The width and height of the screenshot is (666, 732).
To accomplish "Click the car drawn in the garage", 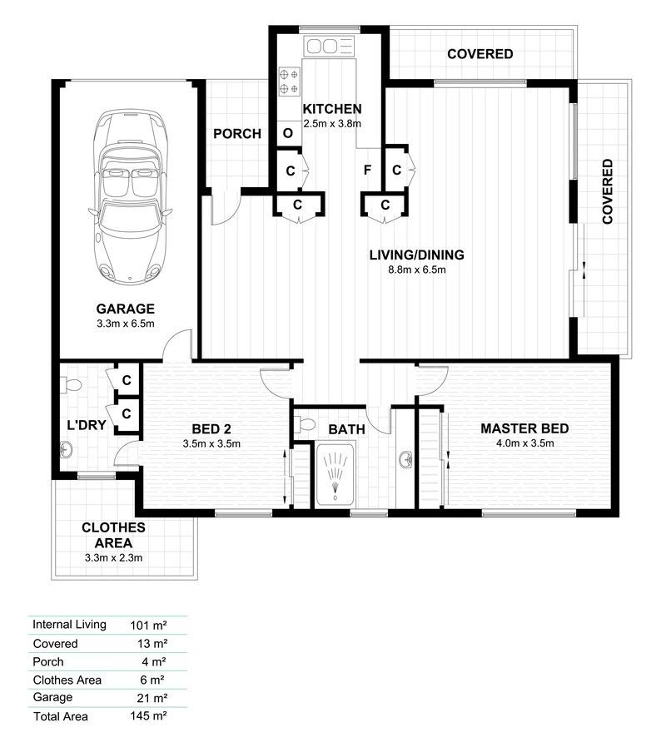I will pos(132,195).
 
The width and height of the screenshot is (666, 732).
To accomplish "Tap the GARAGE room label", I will pos(125,309).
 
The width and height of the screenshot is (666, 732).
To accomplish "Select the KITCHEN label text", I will pos(331,109).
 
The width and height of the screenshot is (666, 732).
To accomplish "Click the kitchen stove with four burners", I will pos(290,80).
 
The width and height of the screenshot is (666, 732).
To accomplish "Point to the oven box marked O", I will pos(288,132).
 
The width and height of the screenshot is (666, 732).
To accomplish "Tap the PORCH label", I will pos(237,133).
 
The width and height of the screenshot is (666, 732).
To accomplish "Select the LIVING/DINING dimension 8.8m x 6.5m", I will pos(416,270).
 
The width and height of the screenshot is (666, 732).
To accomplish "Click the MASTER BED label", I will pos(524,428).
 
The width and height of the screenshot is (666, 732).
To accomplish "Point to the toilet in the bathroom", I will pos(305,424).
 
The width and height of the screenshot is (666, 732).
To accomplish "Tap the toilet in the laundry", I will pos(72,384).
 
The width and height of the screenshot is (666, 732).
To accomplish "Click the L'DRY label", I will pos(86,425).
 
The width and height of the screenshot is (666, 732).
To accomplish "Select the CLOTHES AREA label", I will pos(114,535).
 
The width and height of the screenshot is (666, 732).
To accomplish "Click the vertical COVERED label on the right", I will pos(608,191).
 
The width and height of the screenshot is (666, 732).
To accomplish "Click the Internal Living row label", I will pos(69,624).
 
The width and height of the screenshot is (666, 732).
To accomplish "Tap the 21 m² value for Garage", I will pos(152,697).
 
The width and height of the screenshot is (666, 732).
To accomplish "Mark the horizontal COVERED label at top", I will pos(480,54).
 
